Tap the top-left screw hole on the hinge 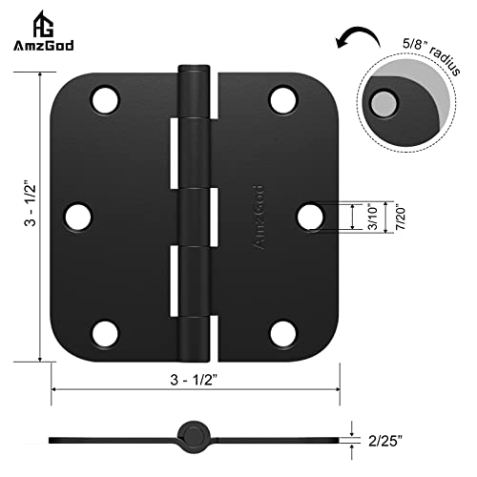(x=104, y=98)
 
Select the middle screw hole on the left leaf (x=78, y=216)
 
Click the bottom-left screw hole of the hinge (x=104, y=333)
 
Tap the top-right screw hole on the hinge (x=281, y=98)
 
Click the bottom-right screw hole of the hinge (x=281, y=333)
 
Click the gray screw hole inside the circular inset (x=384, y=103)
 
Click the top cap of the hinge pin (x=195, y=70)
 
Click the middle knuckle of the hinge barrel (x=196, y=217)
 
